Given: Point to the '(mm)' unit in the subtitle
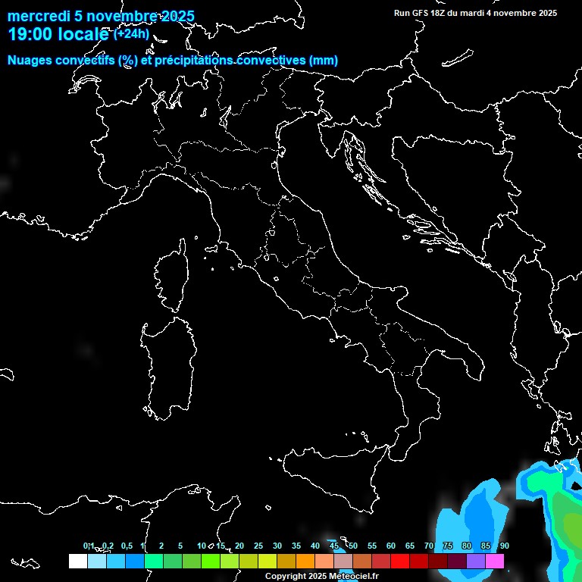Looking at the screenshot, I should (x=324, y=61).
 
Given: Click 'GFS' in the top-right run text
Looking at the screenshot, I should (x=418, y=13).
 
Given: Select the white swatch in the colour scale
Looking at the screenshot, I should (x=77, y=561).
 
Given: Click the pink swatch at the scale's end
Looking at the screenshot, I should (x=495, y=561).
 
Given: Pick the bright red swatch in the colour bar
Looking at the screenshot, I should (x=400, y=561).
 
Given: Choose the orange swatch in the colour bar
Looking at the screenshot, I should (x=305, y=561).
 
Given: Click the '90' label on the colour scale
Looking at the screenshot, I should (x=504, y=546).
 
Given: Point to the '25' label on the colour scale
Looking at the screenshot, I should (x=258, y=546).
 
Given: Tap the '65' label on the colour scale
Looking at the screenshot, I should (x=409, y=546).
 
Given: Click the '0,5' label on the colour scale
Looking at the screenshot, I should (x=126, y=546).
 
